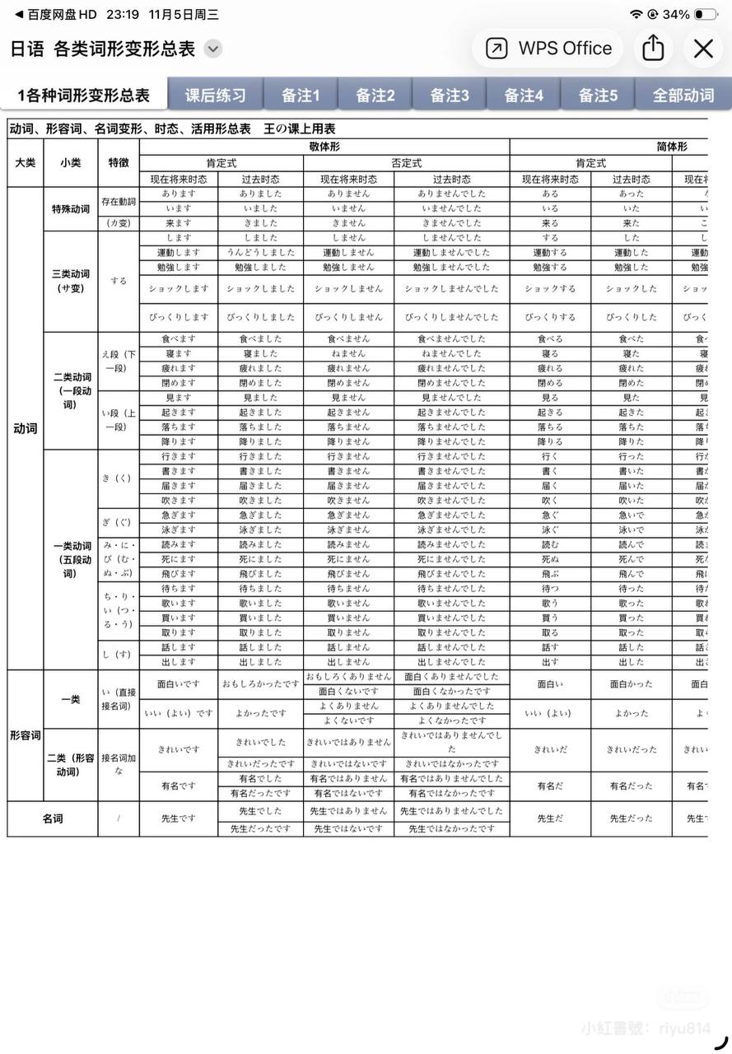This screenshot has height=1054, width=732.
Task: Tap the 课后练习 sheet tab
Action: pos(215,95)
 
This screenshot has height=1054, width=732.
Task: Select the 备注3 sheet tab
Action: pos(450,95)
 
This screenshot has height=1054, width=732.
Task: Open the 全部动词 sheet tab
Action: pos(683,95)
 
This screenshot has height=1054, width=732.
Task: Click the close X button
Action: pos(703,49)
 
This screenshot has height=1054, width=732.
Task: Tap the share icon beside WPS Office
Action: pos(653,48)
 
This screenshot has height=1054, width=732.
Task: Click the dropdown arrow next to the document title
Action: pos(213,49)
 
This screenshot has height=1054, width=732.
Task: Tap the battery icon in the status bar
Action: pos(706,14)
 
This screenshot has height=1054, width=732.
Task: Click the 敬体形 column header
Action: pos(324,146)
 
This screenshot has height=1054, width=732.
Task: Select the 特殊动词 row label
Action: pos(71,208)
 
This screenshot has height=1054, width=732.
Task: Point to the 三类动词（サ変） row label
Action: pos(71,280)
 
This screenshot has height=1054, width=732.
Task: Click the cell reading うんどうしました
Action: pos(260,253)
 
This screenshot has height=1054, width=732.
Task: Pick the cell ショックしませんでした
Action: pos(451,289)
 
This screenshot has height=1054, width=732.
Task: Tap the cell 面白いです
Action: pos(179,683)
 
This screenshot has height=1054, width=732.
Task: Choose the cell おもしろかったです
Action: pos(260,683)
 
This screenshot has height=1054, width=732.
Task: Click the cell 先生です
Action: pos(179,818)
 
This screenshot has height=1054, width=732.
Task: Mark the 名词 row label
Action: pos(53,818)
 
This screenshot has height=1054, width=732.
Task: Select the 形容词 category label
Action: pos(25,735)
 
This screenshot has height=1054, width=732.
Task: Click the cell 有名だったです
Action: pos(260,793)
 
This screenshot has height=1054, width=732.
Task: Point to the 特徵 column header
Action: pos(119,162)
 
